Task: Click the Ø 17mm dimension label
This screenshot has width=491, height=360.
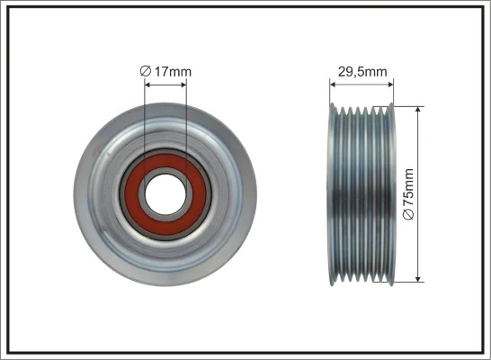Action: (166, 70)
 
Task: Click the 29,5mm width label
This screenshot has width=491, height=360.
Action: (363, 69)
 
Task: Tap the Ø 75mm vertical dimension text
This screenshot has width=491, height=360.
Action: (409, 193)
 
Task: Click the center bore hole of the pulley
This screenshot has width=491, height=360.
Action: (165, 191)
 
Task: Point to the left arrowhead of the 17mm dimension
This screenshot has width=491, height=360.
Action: (147, 85)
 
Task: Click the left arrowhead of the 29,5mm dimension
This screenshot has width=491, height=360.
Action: (334, 85)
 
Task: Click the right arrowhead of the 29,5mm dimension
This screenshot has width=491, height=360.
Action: (392, 85)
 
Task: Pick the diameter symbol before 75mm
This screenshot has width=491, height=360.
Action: (409, 216)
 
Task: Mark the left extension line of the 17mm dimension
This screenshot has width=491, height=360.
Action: (144, 117)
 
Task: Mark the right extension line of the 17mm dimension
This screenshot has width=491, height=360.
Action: (187, 117)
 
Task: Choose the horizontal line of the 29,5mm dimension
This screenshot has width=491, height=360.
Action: (363, 85)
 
